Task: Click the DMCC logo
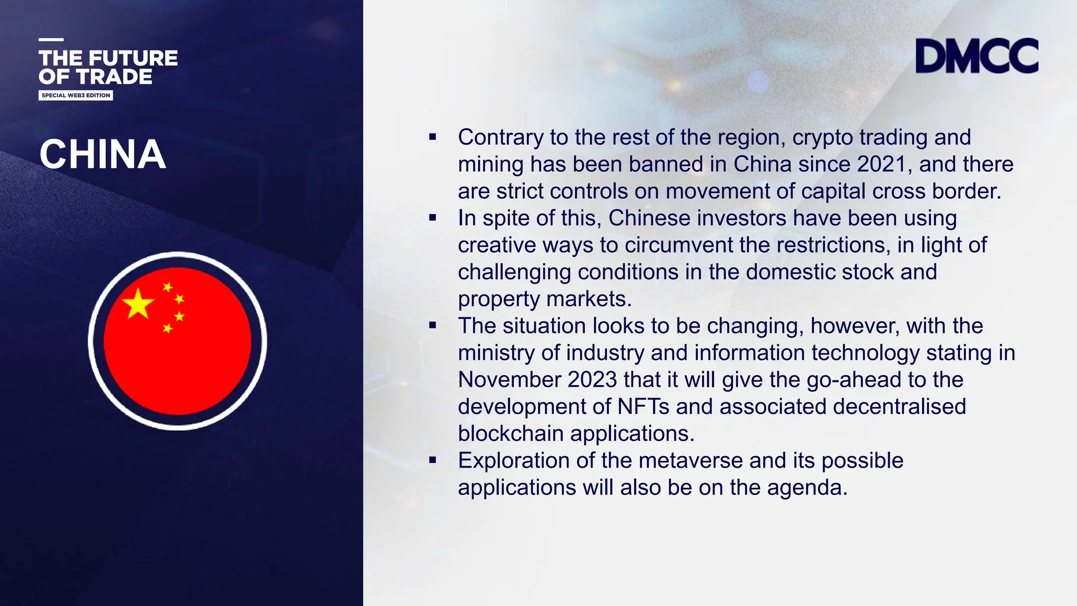977,56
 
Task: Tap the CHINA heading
103,155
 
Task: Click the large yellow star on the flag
138,304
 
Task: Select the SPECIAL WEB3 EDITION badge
76,95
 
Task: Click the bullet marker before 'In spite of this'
433,218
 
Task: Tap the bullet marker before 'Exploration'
433,460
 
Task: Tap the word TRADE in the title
114,77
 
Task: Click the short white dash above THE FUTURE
51,39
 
